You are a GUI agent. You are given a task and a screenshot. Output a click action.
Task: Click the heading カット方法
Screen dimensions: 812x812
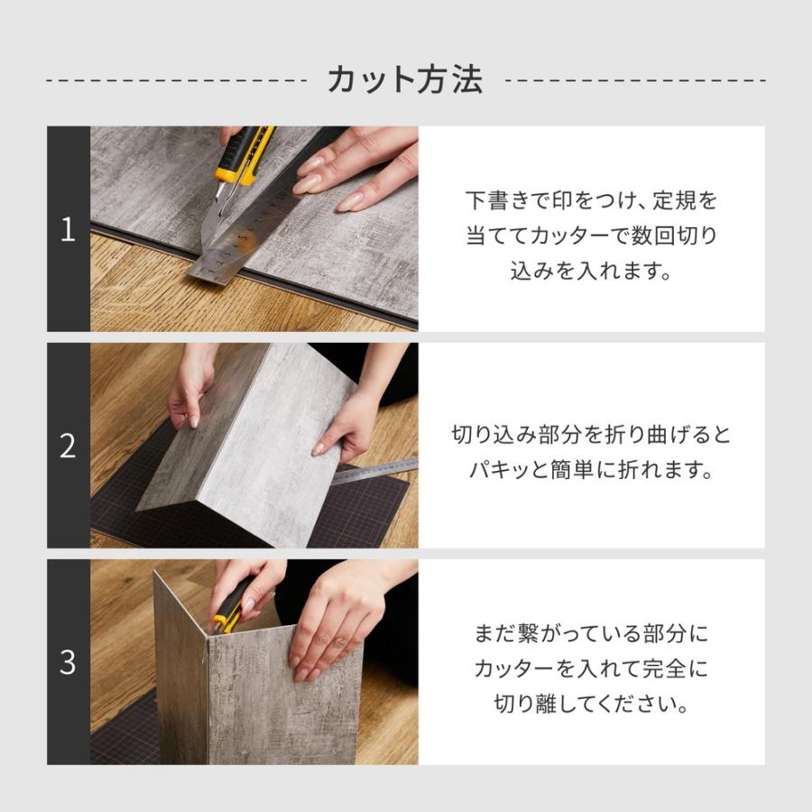point(405,79)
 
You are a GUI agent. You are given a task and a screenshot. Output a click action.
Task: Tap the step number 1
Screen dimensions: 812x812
point(68,229)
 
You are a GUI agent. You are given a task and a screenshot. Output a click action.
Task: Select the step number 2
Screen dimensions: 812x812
point(68,446)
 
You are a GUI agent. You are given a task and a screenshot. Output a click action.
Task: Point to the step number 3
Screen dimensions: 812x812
point(68,662)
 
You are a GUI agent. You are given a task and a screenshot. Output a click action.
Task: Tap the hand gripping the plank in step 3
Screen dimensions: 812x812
point(334,614)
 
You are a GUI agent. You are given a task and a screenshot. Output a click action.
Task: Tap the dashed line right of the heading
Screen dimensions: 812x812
point(636,80)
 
